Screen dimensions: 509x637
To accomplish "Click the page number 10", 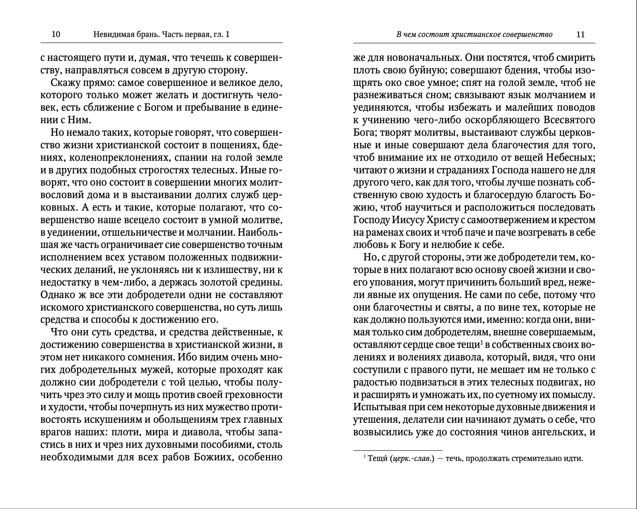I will [56, 34].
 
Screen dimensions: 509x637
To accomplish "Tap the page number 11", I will [581, 34].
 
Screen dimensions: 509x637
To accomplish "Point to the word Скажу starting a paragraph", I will [65, 83].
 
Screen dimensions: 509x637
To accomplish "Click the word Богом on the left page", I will [157, 108].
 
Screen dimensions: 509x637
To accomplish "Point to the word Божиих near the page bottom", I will [213, 457].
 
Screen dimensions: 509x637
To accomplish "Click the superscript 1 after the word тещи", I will [482, 343].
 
